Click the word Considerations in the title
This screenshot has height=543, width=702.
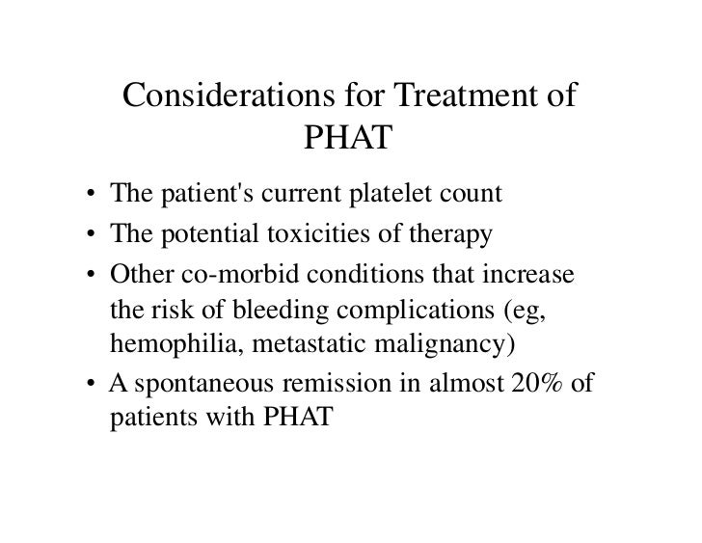tap(225, 98)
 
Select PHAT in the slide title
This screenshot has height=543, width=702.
tap(349, 142)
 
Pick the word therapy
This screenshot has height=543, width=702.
tap(458, 235)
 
